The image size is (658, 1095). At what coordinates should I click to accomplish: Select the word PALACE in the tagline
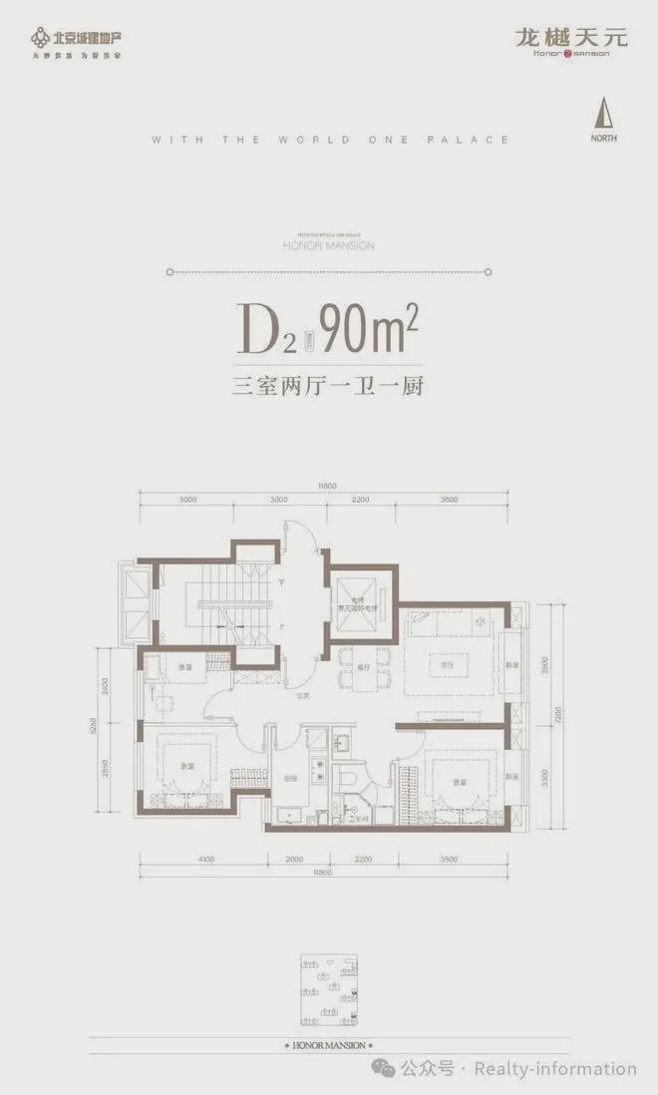(x=475, y=141)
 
